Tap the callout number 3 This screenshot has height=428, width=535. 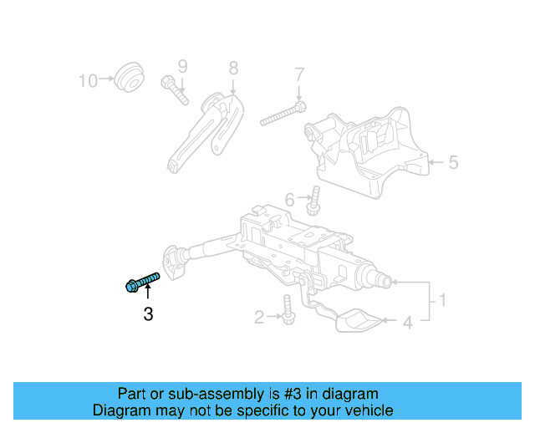[148, 314]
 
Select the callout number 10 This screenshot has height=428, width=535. [88, 80]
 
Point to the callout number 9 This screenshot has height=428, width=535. [182, 66]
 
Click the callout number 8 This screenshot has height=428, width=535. [233, 67]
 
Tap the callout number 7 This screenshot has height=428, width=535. [299, 77]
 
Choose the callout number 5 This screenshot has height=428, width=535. [453, 162]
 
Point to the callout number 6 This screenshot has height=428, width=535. [290, 200]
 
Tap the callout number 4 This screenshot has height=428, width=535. [408, 321]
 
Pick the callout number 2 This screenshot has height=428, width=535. [259, 316]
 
